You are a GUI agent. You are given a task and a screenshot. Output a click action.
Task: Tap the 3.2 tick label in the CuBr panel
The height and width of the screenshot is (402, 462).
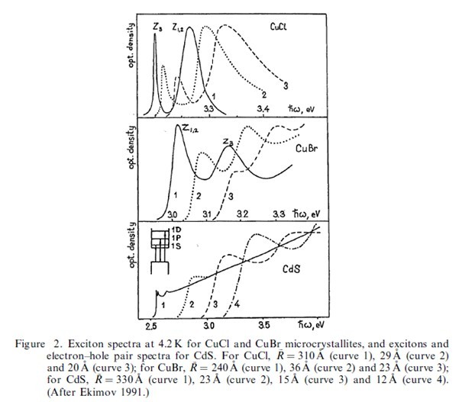click(x=243, y=214)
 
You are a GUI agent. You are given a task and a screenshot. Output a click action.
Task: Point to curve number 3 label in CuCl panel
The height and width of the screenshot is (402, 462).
click(x=284, y=85)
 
